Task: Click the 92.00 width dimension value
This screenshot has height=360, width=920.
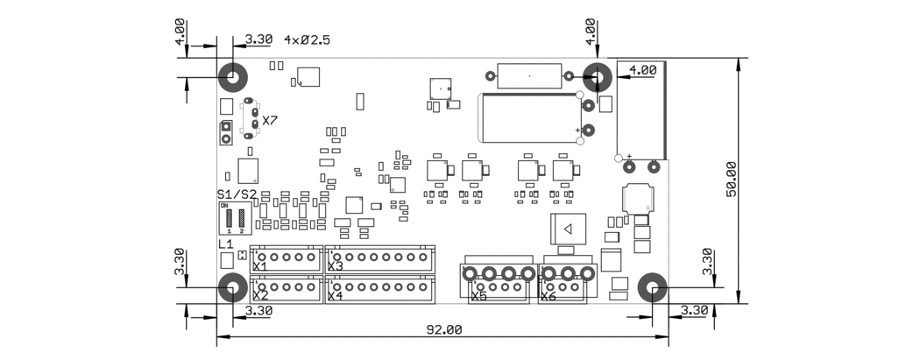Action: pos(444,329)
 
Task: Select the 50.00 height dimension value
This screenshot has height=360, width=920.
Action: pos(732,180)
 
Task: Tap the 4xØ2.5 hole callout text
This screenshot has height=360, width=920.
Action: pos(307,40)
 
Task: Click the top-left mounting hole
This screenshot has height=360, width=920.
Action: pos(233,78)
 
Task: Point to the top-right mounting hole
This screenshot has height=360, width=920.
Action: pos(598,78)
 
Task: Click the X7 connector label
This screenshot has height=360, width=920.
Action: pos(270,121)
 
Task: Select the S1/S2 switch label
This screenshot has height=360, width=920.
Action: pos(237,194)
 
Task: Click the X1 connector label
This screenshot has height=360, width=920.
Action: pos(259,266)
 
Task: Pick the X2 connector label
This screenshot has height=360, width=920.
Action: pos(259,296)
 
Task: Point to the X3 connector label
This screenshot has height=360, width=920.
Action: pos(335,266)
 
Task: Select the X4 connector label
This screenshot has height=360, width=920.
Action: pos(335,296)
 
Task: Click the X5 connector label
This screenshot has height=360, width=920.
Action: pos(478,297)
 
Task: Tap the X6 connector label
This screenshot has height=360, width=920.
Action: pos(548,297)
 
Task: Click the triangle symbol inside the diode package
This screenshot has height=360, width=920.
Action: pos(568,229)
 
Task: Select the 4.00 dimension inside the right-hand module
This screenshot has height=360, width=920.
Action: pos(642,70)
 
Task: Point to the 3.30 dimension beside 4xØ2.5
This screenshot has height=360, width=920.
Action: pos(258,40)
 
